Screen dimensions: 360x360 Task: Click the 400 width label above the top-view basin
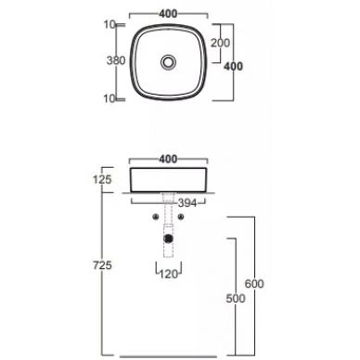pos(169,15)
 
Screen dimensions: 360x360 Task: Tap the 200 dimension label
pos(221,43)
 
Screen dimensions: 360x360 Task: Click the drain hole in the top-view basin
pos(168,62)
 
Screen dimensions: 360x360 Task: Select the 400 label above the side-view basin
pos(168,159)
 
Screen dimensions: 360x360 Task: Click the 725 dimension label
pos(103,266)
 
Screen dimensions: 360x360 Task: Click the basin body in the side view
pos(168,179)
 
